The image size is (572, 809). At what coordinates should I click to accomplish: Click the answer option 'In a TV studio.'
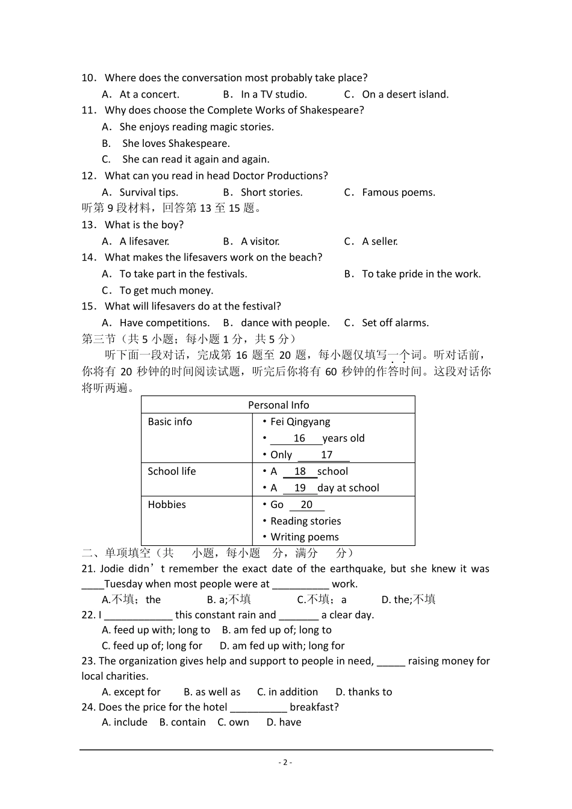click(x=273, y=95)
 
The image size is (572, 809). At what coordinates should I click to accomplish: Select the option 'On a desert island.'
click(x=405, y=95)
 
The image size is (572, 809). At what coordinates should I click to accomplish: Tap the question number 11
click(x=89, y=110)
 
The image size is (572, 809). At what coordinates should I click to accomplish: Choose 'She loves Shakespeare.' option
click(x=175, y=143)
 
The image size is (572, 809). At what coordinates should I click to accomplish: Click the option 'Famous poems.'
click(x=398, y=193)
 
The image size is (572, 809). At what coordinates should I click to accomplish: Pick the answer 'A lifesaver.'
click(x=144, y=241)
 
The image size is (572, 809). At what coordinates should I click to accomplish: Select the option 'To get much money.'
click(x=166, y=291)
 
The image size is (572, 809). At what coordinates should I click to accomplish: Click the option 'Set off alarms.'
click(x=395, y=323)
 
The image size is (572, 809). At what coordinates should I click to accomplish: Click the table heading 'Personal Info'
click(x=278, y=405)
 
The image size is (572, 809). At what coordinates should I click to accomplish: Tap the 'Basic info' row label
click(x=170, y=422)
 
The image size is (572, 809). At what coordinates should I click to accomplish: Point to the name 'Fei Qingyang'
click(x=300, y=422)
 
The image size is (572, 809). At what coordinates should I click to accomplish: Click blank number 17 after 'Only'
click(x=326, y=455)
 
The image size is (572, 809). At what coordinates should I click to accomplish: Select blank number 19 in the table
click(x=300, y=488)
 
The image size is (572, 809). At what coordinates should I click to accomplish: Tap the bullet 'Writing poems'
click(x=304, y=537)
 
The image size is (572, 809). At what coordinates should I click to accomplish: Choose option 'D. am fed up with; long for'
click(x=282, y=646)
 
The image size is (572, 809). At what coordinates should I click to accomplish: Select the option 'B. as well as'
click(x=211, y=692)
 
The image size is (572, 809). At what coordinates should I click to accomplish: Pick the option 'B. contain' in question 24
click(x=182, y=722)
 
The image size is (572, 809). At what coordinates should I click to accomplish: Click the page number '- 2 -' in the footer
click(x=285, y=762)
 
